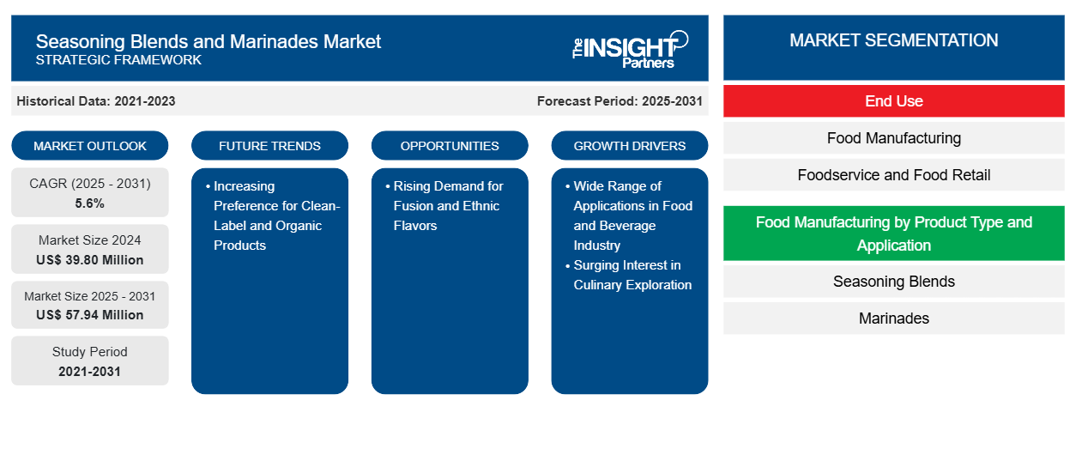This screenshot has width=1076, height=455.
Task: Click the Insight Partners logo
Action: [x=631, y=48]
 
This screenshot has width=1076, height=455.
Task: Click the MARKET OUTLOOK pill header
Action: [x=90, y=146]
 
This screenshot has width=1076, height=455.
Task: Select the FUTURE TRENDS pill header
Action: [x=269, y=146]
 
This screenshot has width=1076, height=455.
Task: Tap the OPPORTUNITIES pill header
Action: [x=450, y=146]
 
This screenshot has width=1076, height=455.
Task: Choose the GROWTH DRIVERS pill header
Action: [x=630, y=146]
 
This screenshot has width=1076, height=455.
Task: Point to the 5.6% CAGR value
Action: [x=90, y=203]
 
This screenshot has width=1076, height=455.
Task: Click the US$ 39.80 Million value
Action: [x=90, y=259]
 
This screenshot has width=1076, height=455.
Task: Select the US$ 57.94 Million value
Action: [x=90, y=315]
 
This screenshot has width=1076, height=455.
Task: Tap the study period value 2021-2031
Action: [x=90, y=371]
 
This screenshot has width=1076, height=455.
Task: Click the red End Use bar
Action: [x=893, y=101]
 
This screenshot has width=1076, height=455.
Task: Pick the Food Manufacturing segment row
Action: [x=893, y=138]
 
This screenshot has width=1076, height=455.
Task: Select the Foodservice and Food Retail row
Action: [x=893, y=175]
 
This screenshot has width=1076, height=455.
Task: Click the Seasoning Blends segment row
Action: [x=893, y=282]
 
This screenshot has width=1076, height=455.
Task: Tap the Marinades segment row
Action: [x=893, y=318]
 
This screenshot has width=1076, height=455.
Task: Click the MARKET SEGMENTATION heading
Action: [x=893, y=40]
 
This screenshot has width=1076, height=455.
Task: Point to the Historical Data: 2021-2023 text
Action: [x=96, y=101]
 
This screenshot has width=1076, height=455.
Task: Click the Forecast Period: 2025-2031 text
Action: [x=620, y=101]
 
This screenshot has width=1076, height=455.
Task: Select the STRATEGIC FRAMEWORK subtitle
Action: [x=118, y=60]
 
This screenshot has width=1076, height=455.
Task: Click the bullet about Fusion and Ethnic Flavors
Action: [x=448, y=206]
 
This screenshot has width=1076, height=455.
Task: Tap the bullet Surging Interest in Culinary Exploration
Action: [x=632, y=275]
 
